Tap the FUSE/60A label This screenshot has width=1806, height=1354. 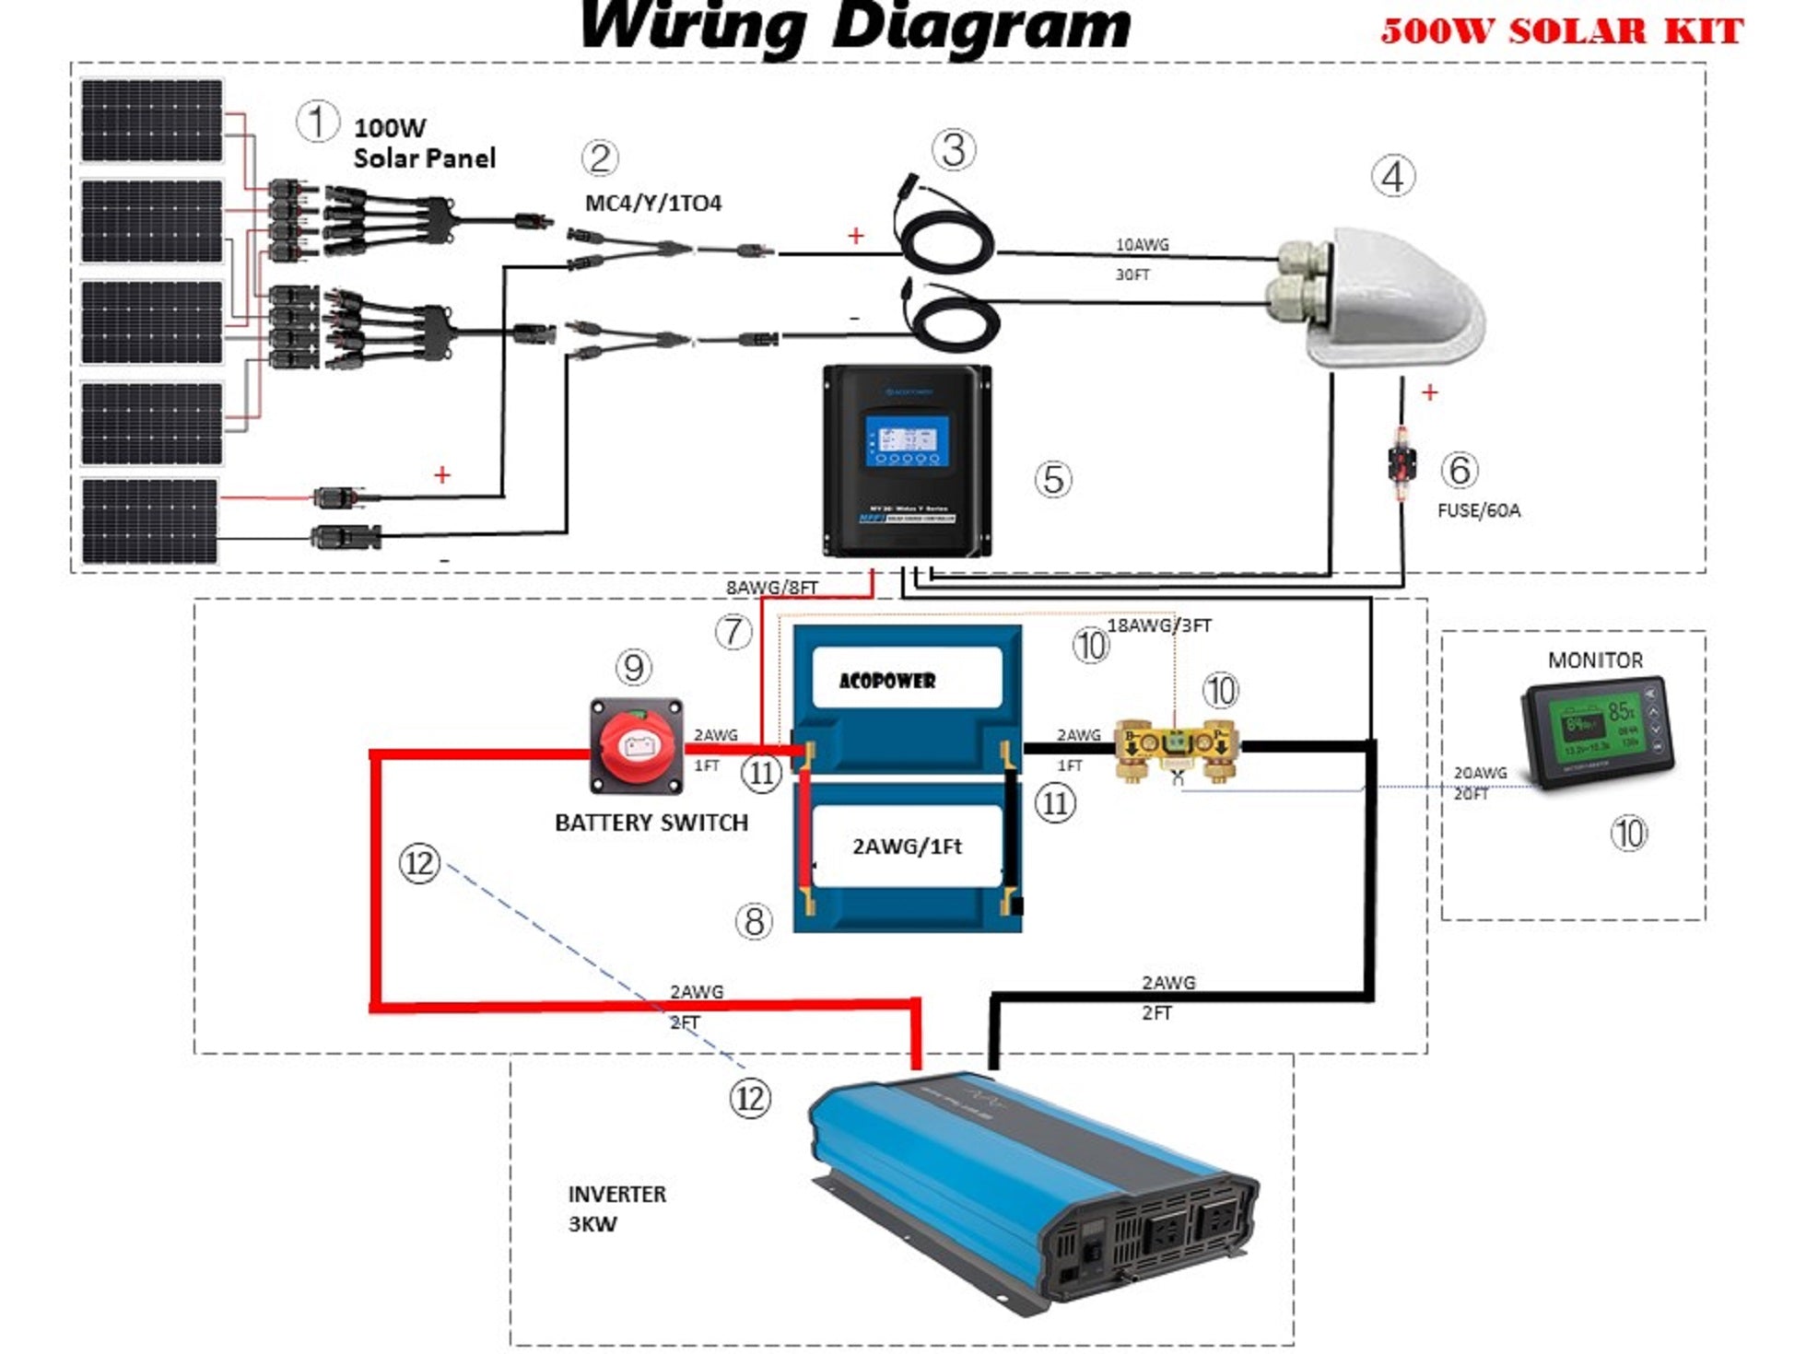[1478, 510]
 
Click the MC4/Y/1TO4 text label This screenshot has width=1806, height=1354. [653, 203]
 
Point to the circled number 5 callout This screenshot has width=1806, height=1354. [1052, 479]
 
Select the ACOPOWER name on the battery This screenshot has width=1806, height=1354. [886, 681]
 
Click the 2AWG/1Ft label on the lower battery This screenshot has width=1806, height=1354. [907, 846]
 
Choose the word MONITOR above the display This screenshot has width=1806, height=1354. [1595, 660]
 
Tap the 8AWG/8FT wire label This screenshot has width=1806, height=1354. [771, 588]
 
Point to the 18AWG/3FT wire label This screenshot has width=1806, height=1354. [1158, 625]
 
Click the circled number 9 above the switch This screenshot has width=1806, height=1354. [633, 668]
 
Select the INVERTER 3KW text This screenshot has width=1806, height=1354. [616, 1208]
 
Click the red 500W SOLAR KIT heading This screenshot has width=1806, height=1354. [1561, 31]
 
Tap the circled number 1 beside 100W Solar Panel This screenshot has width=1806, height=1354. [316, 123]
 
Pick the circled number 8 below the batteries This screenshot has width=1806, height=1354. [754, 921]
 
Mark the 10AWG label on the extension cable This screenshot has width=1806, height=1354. [1142, 245]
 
